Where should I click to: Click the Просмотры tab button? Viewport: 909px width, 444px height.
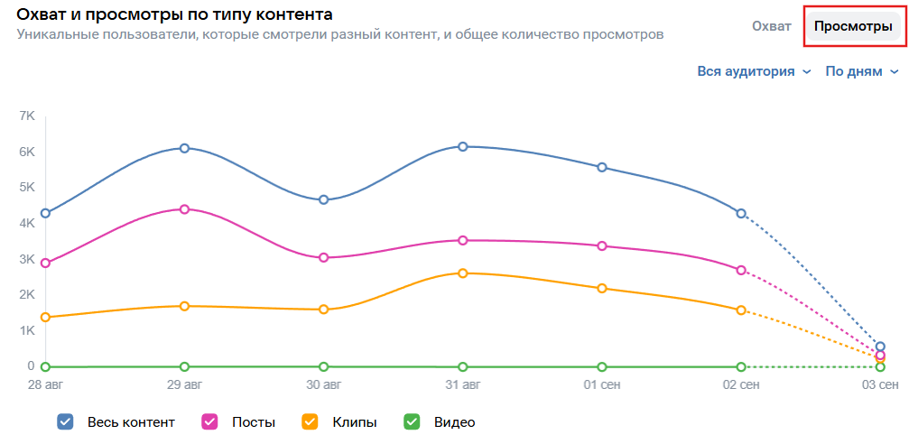click(852, 27)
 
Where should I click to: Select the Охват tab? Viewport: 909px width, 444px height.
click(771, 27)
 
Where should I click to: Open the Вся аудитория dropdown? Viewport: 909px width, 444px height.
click(754, 71)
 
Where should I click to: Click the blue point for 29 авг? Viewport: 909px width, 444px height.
click(184, 148)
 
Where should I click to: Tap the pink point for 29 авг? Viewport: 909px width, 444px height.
click(184, 209)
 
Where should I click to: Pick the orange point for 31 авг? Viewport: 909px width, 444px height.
click(463, 273)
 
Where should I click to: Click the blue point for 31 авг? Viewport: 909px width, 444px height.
click(463, 146)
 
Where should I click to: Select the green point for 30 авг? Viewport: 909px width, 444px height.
click(323, 366)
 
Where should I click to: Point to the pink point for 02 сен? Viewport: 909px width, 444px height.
click(741, 270)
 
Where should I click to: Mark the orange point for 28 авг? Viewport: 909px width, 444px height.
click(45, 317)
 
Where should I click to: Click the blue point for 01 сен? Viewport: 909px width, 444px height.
click(602, 167)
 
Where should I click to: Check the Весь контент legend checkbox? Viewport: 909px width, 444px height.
click(65, 421)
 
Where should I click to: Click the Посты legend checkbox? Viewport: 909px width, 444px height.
click(209, 421)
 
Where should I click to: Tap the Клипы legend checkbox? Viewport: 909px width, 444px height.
click(310, 421)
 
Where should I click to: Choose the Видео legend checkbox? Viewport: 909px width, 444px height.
click(411, 421)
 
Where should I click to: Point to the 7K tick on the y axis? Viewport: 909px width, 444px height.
click(26, 116)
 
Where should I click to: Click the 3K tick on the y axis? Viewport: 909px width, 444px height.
click(26, 259)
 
